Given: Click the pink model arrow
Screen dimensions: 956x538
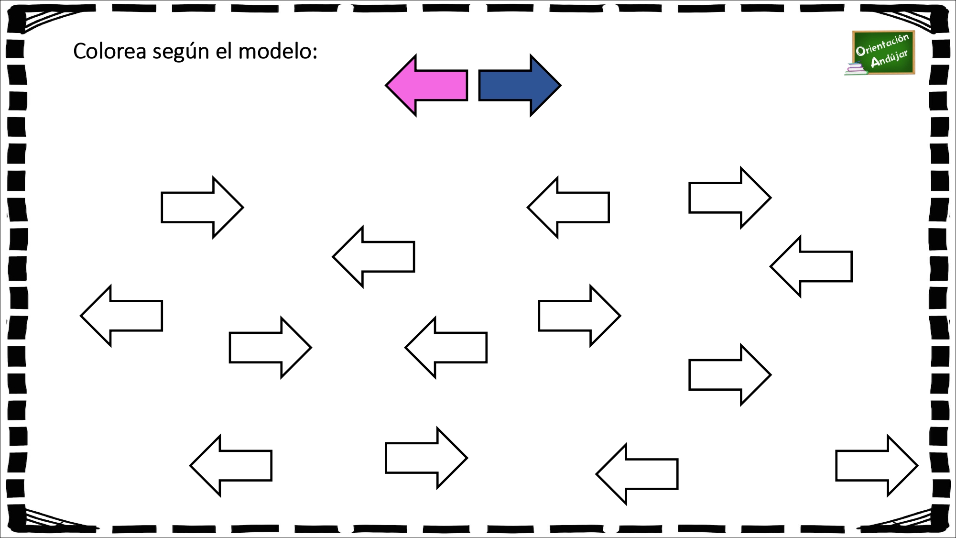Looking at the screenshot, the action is click(426, 85).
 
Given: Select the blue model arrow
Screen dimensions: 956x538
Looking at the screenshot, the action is click(520, 85).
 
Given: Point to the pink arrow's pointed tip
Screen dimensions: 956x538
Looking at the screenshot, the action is click(386, 86).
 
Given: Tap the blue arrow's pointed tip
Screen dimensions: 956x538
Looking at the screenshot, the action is click(561, 86).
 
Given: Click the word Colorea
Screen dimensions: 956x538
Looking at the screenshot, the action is click(109, 51).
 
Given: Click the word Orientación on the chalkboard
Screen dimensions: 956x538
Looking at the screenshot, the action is click(882, 44).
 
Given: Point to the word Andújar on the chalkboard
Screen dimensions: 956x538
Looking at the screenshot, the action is click(889, 59).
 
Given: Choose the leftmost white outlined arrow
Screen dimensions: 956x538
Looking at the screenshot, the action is click(121, 316).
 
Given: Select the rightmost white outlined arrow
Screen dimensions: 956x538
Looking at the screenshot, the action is click(877, 465).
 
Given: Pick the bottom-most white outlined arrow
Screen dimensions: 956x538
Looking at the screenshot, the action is click(637, 474).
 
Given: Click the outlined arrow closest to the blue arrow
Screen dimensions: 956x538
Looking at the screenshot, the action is click(568, 207).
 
